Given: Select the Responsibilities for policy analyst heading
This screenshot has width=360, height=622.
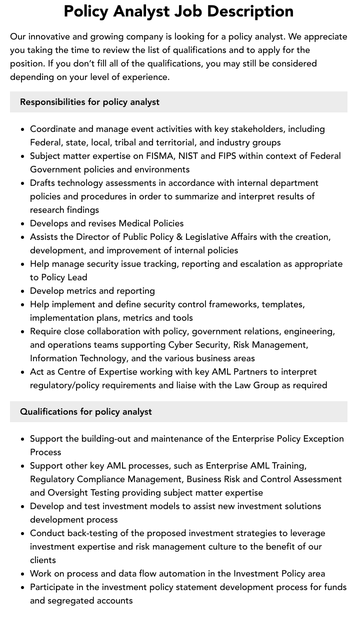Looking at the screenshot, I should coord(89,102).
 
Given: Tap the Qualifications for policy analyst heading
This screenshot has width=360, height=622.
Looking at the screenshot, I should coord(85,412).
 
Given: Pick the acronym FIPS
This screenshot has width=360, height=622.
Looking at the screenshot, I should coord(227,156).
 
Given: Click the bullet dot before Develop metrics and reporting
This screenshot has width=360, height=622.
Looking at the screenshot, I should coord(23,291).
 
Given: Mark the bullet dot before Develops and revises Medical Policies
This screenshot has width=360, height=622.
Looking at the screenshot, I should coord(23,224).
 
